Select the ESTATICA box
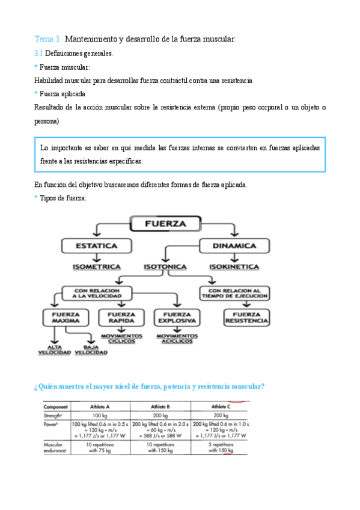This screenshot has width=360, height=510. click(x=97, y=245)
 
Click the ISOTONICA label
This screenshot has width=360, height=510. click(x=165, y=266)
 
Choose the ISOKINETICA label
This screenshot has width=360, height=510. click(x=234, y=266)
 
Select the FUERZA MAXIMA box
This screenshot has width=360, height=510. click(x=66, y=318)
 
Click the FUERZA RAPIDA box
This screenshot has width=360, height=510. click(x=121, y=318)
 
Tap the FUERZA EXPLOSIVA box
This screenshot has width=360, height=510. click(x=177, y=318)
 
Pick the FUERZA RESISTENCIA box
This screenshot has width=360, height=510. click(x=246, y=318)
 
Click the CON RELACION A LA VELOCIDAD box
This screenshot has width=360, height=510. click(x=97, y=293)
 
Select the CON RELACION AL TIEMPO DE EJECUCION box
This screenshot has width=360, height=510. click(x=234, y=293)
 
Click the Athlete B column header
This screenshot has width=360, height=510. click(x=160, y=406)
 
